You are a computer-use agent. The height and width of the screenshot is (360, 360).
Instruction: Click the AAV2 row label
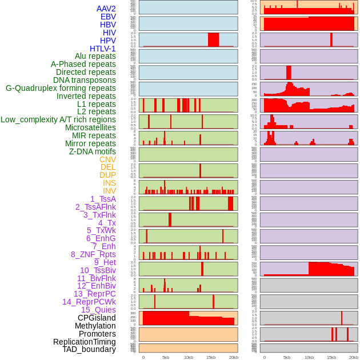106,9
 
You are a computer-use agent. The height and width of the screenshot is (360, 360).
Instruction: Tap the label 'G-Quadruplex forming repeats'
61,88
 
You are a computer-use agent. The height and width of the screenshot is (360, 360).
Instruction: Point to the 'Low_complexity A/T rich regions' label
58,119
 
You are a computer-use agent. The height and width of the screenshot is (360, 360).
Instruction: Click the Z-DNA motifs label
93,151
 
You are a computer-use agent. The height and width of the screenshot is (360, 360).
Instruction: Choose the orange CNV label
107,159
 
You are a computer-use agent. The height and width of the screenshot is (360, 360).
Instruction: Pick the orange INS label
109,183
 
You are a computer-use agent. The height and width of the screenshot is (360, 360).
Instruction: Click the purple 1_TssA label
103,199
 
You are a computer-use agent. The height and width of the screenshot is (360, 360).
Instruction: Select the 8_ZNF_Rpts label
93,254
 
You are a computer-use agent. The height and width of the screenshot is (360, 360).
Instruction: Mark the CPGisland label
97,318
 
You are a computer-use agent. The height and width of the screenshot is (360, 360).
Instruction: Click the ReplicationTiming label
85,342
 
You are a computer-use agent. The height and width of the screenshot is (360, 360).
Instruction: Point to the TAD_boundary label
89,349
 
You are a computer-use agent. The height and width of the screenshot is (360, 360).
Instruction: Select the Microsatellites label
90,127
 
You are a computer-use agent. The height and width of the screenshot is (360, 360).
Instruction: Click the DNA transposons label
85,80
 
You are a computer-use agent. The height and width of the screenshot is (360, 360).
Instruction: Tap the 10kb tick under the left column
189,357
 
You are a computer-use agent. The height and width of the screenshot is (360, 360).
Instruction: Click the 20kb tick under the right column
354,357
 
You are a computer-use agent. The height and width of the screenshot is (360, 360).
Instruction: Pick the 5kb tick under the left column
166,357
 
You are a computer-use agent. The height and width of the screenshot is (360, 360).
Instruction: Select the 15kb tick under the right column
331,357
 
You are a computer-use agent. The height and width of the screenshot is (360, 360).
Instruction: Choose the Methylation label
91,326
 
